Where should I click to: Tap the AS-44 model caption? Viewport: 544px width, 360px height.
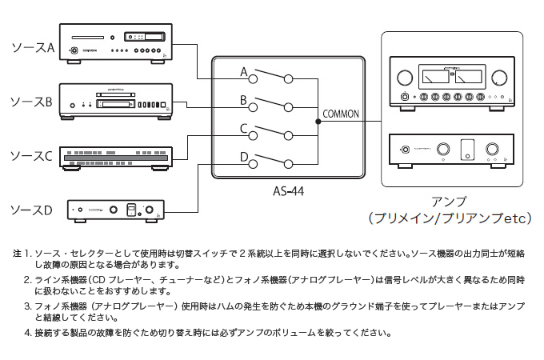click(287, 192)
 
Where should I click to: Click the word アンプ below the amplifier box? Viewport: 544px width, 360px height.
click(450, 202)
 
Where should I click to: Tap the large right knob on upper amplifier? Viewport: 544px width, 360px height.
click(499, 78)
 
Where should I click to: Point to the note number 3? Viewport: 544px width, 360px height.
click(27, 306)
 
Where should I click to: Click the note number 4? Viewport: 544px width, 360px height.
click(27, 333)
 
